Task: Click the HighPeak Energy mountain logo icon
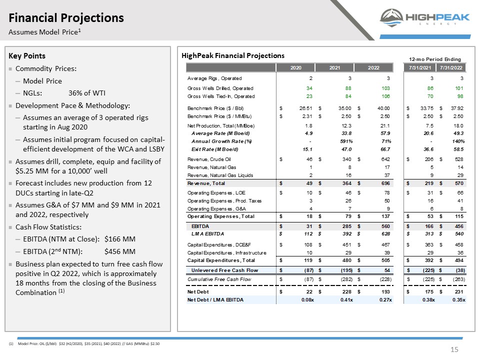coord(391,17)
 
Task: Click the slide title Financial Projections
coord(66,18)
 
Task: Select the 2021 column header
coord(334,67)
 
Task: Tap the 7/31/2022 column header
coord(451,67)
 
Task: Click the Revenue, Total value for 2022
coord(385,183)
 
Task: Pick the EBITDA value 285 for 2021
coord(347,226)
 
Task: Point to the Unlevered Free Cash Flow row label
coord(224,270)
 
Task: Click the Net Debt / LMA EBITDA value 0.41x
coord(346,299)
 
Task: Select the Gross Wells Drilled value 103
coord(385,88)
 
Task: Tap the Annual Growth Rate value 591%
coord(346,141)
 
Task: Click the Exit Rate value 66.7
coord(385,149)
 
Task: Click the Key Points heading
coord(27,55)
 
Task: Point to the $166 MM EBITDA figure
coord(119,239)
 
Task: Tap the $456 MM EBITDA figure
coord(119,251)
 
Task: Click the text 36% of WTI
coord(87,93)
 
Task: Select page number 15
coord(454,349)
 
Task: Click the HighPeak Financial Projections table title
coord(233,55)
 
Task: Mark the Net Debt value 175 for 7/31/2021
coord(429,291)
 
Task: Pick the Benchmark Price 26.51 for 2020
coord(306,108)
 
